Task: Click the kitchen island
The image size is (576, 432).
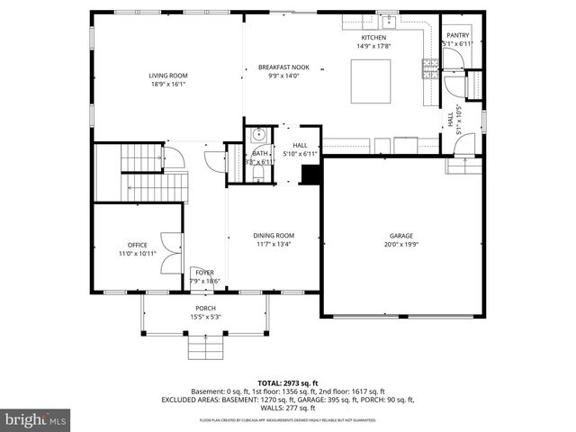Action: [x=370, y=82]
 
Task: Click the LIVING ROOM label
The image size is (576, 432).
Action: [x=168, y=76]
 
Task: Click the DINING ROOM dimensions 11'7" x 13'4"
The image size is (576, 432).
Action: [x=274, y=243]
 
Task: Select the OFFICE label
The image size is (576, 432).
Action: [x=137, y=245]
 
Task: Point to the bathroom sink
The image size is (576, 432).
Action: [x=258, y=137]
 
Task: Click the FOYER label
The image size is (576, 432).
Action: [x=205, y=272]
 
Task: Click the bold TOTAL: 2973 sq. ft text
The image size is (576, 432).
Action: [x=288, y=382]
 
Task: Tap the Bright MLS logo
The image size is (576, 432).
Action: [x=36, y=420]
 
